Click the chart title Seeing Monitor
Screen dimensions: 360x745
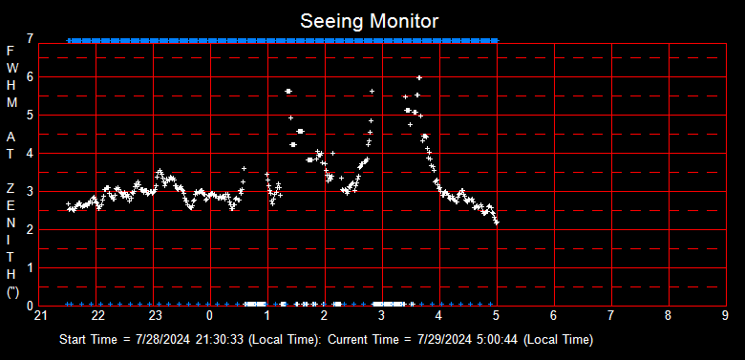pyautogui.click(x=370, y=20)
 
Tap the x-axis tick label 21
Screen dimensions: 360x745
pyautogui.click(x=40, y=315)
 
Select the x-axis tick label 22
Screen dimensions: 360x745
pyautogui.click(x=97, y=315)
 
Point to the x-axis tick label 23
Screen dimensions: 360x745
pyautogui.click(x=155, y=315)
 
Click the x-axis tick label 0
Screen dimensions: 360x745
pyautogui.click(x=210, y=315)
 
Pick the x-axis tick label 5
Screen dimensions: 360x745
pyautogui.click(x=496, y=315)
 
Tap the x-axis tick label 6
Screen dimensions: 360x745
pyautogui.click(x=553, y=315)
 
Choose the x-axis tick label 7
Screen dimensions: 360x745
pyautogui.click(x=610, y=315)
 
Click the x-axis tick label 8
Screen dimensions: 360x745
pyautogui.click(x=668, y=315)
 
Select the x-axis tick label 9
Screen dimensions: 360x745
pyautogui.click(x=725, y=315)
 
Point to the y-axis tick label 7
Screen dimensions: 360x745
pyautogui.click(x=31, y=39)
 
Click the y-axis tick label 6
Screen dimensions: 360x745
pyautogui.click(x=31, y=77)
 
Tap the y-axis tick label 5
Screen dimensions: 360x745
pyautogui.click(x=31, y=116)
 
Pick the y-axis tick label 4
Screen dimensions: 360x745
pyautogui.click(x=31, y=154)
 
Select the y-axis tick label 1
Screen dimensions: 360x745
pyautogui.click(x=31, y=268)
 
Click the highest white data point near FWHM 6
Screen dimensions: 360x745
pyautogui.click(x=419, y=77)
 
